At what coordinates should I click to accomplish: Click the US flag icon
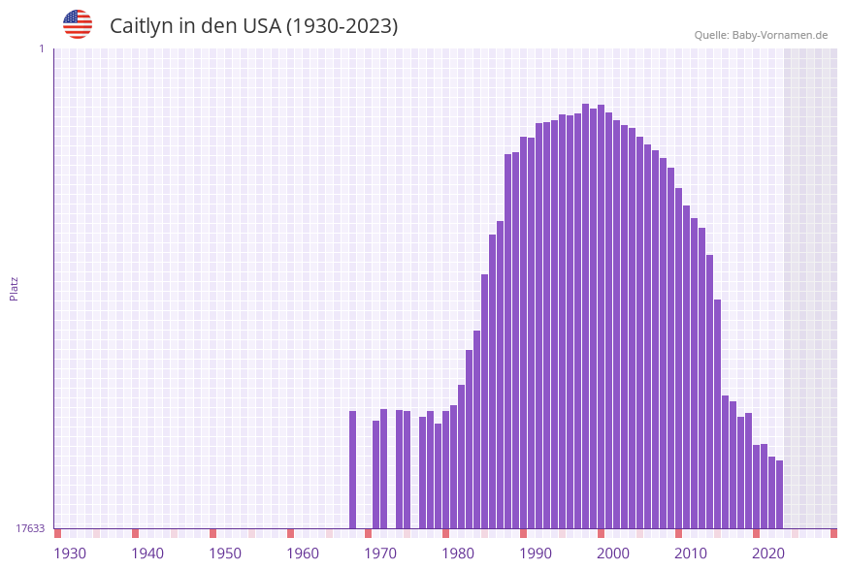78,24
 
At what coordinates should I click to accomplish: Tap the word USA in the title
262,26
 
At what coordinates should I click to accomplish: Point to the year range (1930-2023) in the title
342,26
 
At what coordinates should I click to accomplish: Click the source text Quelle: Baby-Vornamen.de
761,35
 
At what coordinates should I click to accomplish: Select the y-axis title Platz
14,288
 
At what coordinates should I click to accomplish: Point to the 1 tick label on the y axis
41,48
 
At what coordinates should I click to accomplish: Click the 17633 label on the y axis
30,528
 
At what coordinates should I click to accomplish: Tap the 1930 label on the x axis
70,553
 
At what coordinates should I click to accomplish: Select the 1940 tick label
147,553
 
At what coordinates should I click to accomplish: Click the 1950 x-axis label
225,553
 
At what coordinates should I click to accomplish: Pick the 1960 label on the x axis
303,553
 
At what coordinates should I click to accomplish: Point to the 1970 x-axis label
380,553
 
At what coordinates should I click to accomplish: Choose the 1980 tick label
458,553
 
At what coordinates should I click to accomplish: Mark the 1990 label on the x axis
536,553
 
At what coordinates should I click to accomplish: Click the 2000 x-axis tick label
613,553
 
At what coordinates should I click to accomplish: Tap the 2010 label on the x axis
691,553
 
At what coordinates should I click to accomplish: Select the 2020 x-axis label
768,553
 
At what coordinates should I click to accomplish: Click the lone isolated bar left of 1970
353,469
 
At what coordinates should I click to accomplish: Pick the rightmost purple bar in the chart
779,494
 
